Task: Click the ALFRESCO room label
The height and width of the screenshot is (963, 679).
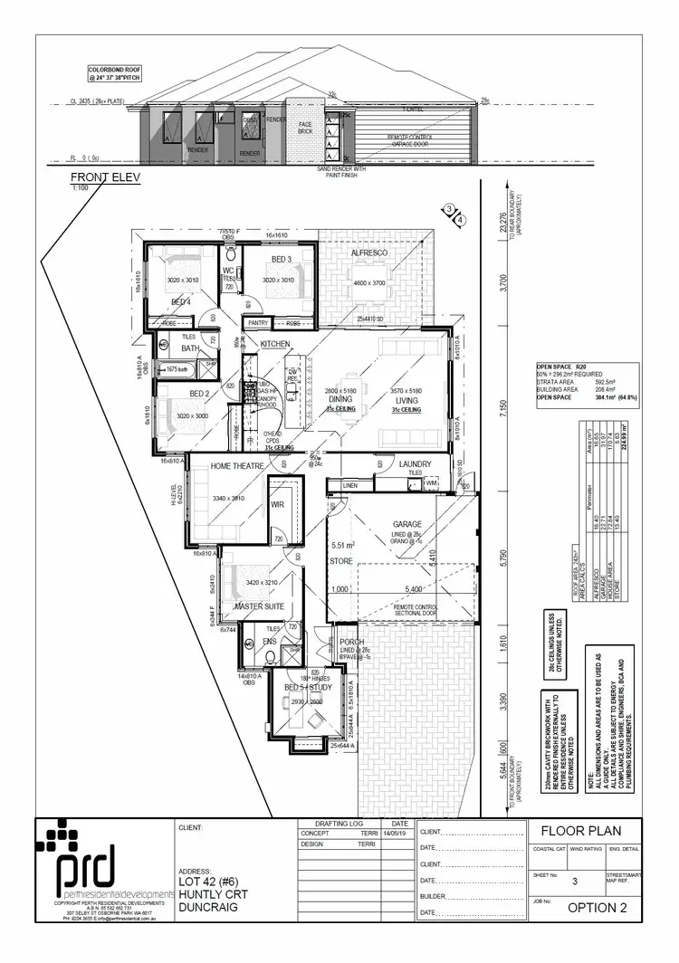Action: [x=371, y=254]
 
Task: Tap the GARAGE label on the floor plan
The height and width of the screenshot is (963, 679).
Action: [x=408, y=524]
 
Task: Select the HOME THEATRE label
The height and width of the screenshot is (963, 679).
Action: [x=237, y=466]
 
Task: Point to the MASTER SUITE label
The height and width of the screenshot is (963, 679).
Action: [x=260, y=605]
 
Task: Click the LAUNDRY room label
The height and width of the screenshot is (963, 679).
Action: [x=416, y=464]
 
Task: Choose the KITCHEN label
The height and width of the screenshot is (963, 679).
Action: [x=274, y=345]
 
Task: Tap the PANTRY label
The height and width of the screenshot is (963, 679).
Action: [x=257, y=322]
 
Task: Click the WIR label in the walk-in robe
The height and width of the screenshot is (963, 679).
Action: [x=278, y=507]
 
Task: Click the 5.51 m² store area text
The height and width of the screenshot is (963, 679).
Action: [x=343, y=545]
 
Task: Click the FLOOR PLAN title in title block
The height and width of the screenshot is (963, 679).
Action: [x=581, y=831]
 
